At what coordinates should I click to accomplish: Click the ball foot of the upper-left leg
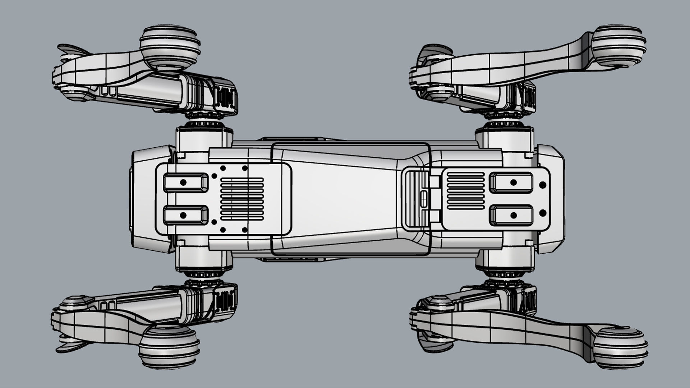[x=170, y=47]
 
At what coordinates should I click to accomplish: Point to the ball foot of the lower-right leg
[x=620, y=347]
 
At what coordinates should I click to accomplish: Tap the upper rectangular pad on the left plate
[x=185, y=183]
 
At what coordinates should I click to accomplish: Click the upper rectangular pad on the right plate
[x=511, y=183]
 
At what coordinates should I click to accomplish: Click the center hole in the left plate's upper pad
[x=183, y=183]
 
